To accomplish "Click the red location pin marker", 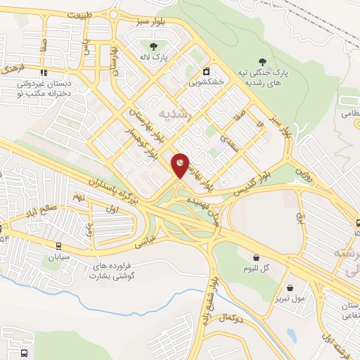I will click(x=181, y=165).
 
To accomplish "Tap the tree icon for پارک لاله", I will click(x=152, y=46).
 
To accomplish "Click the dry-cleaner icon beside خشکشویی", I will click(x=207, y=71).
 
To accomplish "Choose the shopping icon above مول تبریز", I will click(x=290, y=287).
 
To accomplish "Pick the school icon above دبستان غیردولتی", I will click(x=44, y=72).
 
